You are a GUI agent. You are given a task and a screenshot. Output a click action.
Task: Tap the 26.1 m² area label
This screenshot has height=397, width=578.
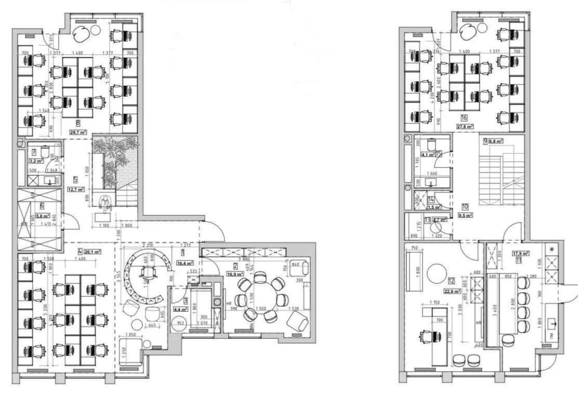point(92,251)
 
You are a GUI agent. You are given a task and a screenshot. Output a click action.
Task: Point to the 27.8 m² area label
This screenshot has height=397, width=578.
point(464,127)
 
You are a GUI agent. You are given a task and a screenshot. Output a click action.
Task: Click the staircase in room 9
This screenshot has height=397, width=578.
point(501,178)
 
